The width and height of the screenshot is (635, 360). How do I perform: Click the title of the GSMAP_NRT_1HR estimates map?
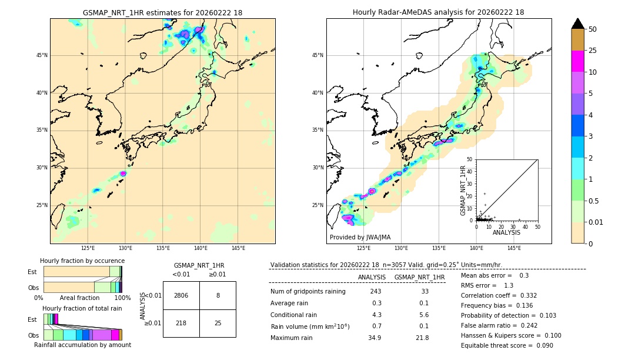(x=162, y=12)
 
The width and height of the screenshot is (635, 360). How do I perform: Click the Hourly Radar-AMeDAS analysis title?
(x=438, y=12)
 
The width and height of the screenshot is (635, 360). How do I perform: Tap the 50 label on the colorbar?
(x=593, y=29)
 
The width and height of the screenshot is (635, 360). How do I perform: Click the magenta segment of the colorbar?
(x=577, y=61)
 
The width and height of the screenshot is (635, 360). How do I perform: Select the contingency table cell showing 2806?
(x=181, y=295)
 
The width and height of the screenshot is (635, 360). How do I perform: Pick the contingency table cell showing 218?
(x=181, y=324)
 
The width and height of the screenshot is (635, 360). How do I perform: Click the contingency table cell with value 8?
(x=218, y=295)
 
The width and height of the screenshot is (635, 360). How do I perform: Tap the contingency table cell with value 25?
(x=218, y=324)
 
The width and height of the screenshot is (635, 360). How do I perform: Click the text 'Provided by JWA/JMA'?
(x=360, y=238)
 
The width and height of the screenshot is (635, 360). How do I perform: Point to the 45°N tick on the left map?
(x=42, y=55)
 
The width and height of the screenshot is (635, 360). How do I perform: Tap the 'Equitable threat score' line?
(x=507, y=345)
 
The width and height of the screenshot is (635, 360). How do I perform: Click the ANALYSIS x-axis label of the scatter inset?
(x=506, y=232)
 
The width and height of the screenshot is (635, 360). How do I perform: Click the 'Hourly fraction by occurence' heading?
(x=82, y=261)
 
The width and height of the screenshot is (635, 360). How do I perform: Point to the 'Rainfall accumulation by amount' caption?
(x=82, y=345)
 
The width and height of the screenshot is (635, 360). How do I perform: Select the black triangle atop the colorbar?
(x=577, y=24)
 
